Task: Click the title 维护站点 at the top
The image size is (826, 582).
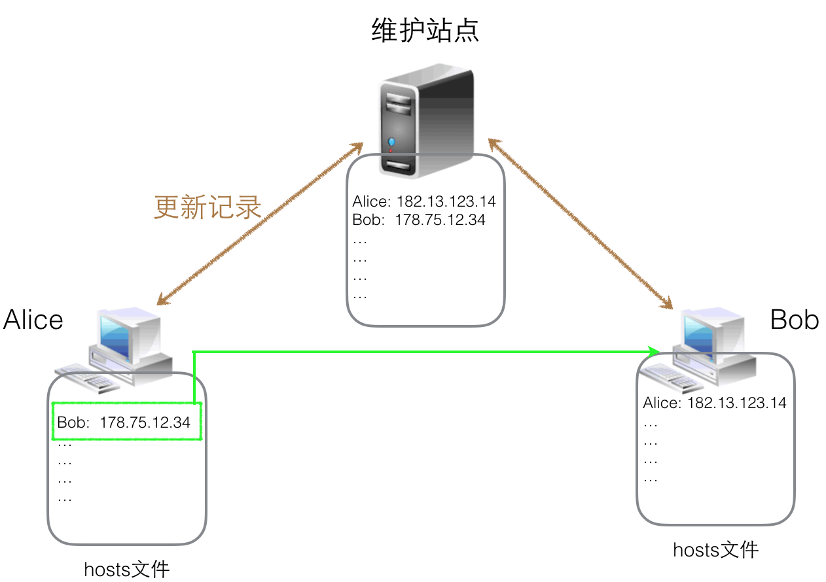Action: (x=425, y=29)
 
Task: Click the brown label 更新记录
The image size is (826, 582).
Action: (x=207, y=207)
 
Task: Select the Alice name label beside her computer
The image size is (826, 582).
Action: (x=33, y=320)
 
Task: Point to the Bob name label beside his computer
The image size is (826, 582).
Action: (x=795, y=320)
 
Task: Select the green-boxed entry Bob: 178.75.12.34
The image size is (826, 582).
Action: (x=124, y=422)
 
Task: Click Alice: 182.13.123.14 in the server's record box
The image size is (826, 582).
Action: (x=424, y=201)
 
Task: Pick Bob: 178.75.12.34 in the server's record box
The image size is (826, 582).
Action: (x=419, y=220)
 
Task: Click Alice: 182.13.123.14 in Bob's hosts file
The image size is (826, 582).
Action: (x=715, y=402)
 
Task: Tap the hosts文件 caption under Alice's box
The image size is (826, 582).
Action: (x=126, y=569)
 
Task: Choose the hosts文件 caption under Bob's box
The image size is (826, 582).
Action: (x=715, y=550)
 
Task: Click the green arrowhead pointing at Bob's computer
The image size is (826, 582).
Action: (x=653, y=352)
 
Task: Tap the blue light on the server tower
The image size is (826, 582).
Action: (x=391, y=141)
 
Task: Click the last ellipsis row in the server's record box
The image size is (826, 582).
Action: (x=359, y=295)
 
